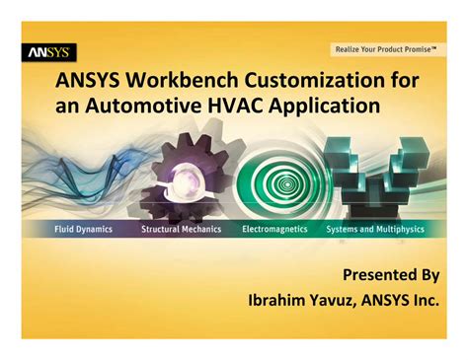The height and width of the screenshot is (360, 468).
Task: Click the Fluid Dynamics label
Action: [x=84, y=229]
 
